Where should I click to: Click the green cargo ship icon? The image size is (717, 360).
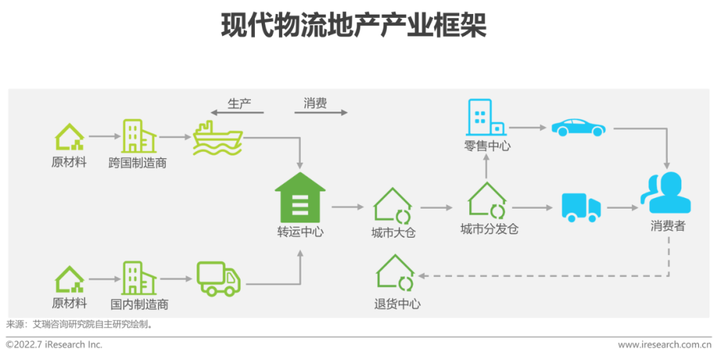218,139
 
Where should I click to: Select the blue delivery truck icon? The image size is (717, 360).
581,207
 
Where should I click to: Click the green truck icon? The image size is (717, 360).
218,278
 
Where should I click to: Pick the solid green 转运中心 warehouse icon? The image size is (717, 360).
300,197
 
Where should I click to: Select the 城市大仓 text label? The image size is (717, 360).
394,233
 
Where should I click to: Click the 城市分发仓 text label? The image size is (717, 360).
489,230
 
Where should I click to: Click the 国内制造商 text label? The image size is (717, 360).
139,304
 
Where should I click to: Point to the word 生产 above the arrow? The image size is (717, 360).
239,104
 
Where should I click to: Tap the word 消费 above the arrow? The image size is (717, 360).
315,104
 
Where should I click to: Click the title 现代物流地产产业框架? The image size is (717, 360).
354,26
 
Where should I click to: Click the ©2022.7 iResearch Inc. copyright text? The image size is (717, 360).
54,345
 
